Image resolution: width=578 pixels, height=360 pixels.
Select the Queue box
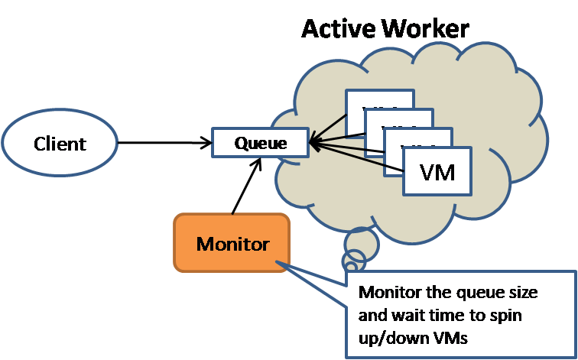pyautogui.click(x=261, y=142)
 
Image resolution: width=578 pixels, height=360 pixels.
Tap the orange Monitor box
pyautogui.click(x=232, y=244)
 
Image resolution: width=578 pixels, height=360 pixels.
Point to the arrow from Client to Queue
pyautogui.click(x=164, y=142)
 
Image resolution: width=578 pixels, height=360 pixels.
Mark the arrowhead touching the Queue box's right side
pyautogui.click(x=314, y=142)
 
